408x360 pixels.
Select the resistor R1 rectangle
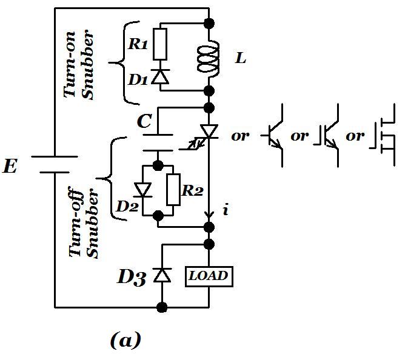159,44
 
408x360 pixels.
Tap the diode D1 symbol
159,76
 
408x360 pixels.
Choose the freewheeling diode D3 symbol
162,276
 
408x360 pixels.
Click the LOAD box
209,276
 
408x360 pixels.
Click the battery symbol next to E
55,164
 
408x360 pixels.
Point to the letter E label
10,167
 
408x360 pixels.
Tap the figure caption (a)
125,340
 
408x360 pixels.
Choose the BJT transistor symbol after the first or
276,137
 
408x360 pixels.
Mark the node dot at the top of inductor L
209,24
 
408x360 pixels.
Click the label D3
130,278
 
